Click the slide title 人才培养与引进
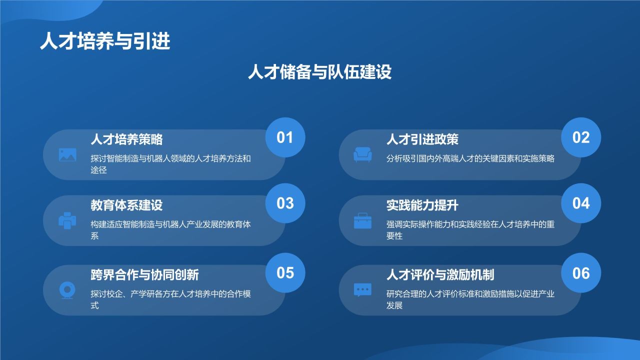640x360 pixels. click(x=105, y=41)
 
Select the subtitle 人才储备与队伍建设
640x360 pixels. click(x=319, y=72)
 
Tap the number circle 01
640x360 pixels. click(x=285, y=137)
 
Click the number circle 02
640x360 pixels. click(x=581, y=137)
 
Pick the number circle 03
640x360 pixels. click(x=285, y=203)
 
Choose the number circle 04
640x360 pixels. click(x=581, y=203)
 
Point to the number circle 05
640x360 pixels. click(x=285, y=272)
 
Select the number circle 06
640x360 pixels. click(x=581, y=272)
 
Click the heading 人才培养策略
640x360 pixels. click(x=126, y=139)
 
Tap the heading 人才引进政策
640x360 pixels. click(x=422, y=139)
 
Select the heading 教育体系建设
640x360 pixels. click(x=126, y=205)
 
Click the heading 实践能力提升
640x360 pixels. click(x=422, y=205)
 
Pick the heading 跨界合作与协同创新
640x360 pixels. click(x=144, y=274)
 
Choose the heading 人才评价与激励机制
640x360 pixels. click(x=440, y=274)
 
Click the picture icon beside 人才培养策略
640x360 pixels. click(x=67, y=154)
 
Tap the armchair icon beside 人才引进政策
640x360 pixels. click(x=362, y=154)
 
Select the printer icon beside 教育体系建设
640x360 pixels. click(x=67, y=220)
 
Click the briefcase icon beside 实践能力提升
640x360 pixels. click(x=362, y=220)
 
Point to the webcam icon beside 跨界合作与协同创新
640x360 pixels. click(x=67, y=290)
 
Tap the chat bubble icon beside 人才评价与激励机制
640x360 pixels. click(x=362, y=290)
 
